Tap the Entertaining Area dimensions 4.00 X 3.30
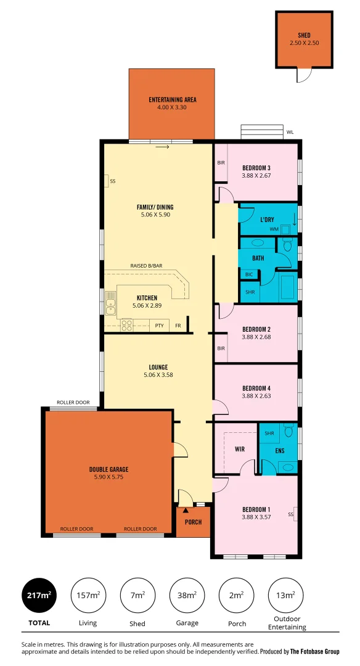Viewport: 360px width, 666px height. pos(172,107)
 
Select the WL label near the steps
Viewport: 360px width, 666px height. pos(290,132)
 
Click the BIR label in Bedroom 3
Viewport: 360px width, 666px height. pos(220,163)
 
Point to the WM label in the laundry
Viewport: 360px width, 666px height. pos(274,229)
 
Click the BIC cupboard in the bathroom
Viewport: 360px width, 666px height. pos(249,274)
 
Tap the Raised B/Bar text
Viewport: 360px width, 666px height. pos(146,266)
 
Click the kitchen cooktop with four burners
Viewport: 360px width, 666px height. pos(127,324)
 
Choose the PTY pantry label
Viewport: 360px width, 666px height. pos(159,325)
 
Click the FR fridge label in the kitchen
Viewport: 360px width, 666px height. pos(178,325)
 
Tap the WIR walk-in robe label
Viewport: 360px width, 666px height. pos(240,450)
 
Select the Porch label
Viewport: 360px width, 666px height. pos(189,522)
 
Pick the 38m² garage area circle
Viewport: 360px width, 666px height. pos(187,595)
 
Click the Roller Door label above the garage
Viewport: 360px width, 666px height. pos(73,402)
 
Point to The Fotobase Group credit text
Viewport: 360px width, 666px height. pos(315,652)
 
